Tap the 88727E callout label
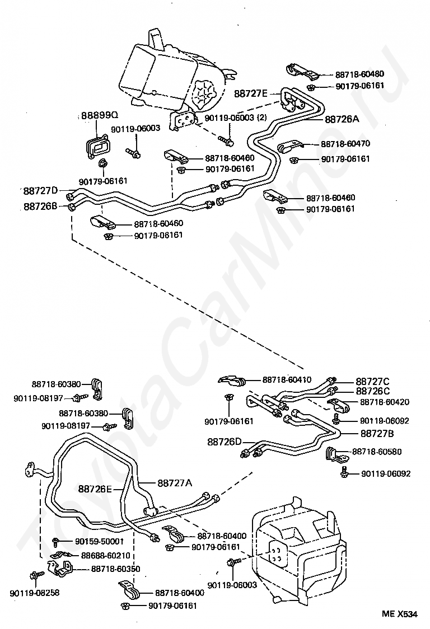[250, 93]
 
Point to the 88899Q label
[100, 115]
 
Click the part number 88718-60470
[345, 144]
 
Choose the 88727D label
[40, 190]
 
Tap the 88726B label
[40, 206]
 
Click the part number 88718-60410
[287, 379]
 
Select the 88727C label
[372, 382]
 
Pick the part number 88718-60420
[385, 402]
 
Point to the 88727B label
[377, 434]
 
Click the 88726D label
[225, 442]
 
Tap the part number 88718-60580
[377, 452]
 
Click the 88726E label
[95, 489]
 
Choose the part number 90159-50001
[99, 542]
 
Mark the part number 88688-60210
[106, 556]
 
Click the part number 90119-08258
[34, 593]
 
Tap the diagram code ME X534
[400, 614]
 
